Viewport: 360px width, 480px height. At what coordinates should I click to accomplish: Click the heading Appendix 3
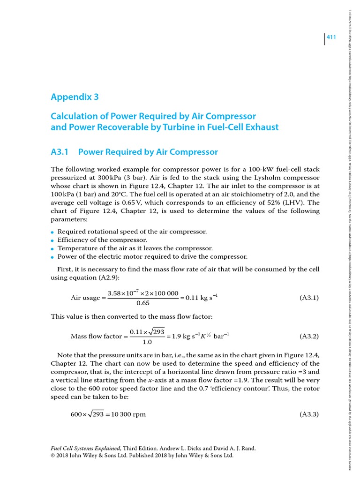75,97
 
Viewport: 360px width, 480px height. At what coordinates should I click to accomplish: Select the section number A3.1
60,152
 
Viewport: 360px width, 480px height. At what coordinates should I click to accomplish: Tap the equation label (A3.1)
309,298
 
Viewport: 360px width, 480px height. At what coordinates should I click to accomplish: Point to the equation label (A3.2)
309,336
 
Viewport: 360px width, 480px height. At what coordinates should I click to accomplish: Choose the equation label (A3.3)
309,414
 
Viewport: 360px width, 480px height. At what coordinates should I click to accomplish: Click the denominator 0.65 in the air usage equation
142,303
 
